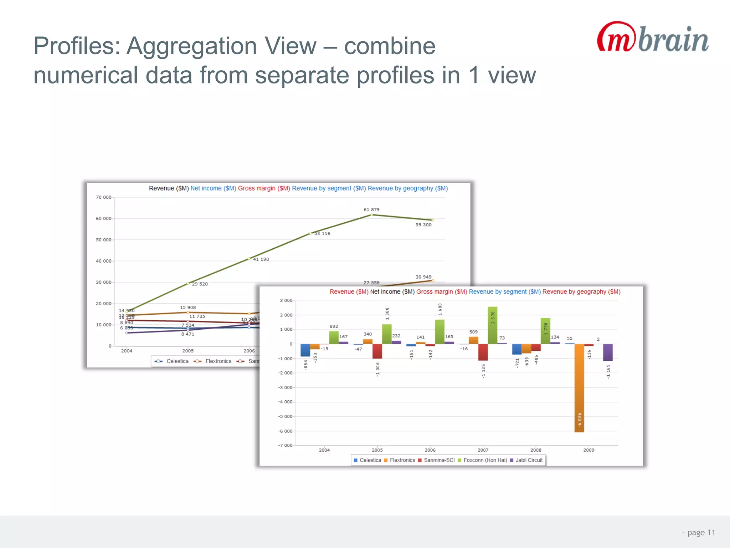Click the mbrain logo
[x=652, y=37]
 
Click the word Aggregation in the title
[x=221, y=46]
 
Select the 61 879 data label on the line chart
[x=371, y=210]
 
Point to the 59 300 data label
[x=423, y=225]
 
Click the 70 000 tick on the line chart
[x=103, y=197]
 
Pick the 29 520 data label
[x=200, y=284]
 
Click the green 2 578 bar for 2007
[x=493, y=325]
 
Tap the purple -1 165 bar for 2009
[x=608, y=352]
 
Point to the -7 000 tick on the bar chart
[x=285, y=445]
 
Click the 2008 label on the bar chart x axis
[x=536, y=450]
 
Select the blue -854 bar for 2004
[x=305, y=350]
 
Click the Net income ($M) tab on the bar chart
[x=392, y=292]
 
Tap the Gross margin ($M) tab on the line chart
[x=264, y=188]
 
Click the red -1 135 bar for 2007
[x=483, y=352]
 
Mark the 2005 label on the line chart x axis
[x=188, y=351]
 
